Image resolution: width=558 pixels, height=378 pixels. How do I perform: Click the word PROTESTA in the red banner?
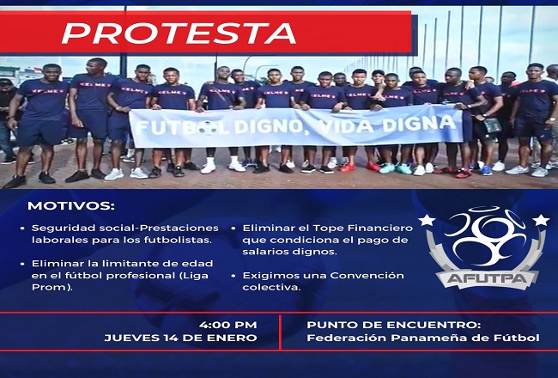(179, 34)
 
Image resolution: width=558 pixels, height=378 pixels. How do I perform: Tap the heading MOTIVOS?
(71, 206)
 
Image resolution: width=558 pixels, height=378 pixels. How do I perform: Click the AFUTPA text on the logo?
(487, 277)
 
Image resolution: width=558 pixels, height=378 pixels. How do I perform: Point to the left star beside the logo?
(427, 220)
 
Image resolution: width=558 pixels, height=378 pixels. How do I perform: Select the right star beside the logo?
(541, 220)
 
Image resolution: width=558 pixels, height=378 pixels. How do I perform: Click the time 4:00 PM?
(227, 325)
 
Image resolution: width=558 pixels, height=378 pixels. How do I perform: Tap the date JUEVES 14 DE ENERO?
(180, 338)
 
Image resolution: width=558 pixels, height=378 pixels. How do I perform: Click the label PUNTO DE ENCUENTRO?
(393, 325)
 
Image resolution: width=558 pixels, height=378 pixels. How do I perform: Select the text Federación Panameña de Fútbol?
(423, 338)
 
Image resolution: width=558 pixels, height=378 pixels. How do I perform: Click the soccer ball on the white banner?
(209, 127)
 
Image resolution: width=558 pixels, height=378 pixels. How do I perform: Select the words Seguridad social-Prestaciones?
(125, 228)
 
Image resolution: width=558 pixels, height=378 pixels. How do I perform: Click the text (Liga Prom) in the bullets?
(120, 282)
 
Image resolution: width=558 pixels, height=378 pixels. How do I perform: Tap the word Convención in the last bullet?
(367, 276)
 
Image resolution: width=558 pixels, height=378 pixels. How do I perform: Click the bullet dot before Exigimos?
(234, 276)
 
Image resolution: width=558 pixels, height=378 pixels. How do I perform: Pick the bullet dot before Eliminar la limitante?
(23, 264)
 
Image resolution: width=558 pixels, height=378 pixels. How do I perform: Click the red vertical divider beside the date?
(280, 332)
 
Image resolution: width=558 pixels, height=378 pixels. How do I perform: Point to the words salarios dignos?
(289, 252)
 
